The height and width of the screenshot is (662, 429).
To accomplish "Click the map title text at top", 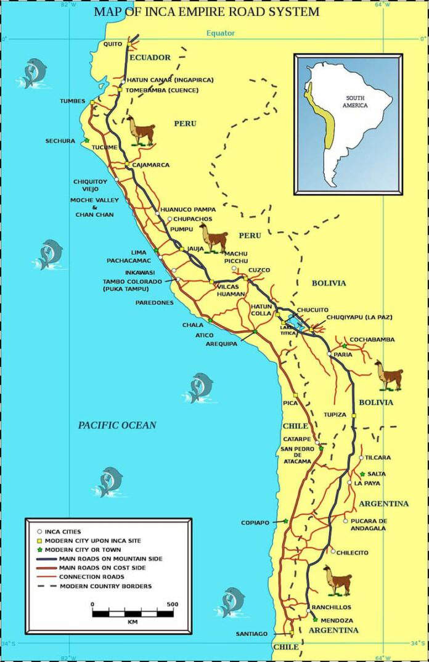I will coord(206,11).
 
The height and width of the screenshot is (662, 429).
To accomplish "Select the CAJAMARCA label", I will coord(150,165).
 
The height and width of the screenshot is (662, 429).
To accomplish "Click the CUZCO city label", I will coord(259,271).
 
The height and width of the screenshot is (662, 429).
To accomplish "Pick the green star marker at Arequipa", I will coord(255,332).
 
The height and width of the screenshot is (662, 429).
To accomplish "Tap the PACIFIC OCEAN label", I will coord(117,425).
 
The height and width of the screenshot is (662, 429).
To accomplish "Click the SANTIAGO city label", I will coord(251,634).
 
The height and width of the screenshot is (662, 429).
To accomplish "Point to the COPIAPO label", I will coord(255,523).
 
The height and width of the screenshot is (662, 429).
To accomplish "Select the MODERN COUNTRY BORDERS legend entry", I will coord(105,586).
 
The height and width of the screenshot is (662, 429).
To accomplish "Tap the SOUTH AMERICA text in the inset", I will coord(356,102).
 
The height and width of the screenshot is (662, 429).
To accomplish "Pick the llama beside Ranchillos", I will coord(337,581).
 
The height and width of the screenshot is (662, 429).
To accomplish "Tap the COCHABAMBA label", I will coord(372,340).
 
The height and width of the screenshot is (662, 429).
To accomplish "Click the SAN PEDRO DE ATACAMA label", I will coord(296,455).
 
